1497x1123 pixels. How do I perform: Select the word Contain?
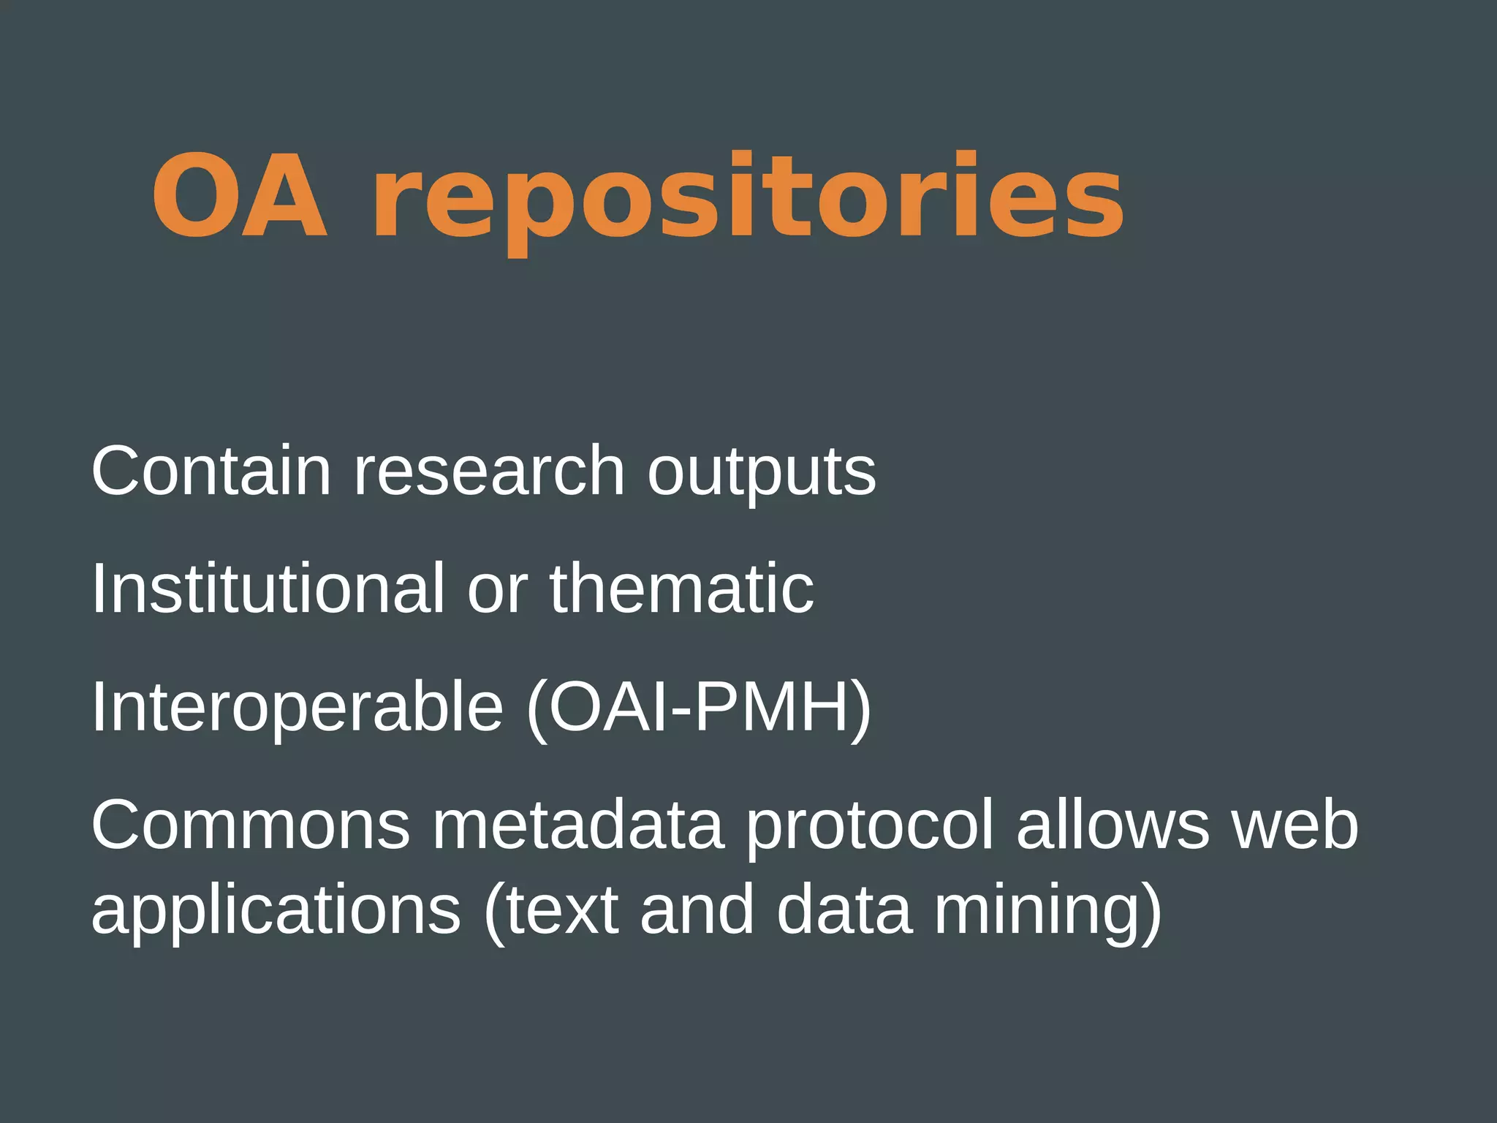(x=211, y=471)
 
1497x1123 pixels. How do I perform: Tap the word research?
(x=489, y=471)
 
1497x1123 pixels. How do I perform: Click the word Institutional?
(x=268, y=589)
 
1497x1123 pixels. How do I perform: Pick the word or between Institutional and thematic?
(x=497, y=592)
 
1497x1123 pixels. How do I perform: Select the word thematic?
(x=681, y=589)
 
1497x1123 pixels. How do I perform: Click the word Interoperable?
(x=297, y=708)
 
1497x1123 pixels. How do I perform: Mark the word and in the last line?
(x=697, y=910)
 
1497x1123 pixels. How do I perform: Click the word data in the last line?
(x=844, y=910)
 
